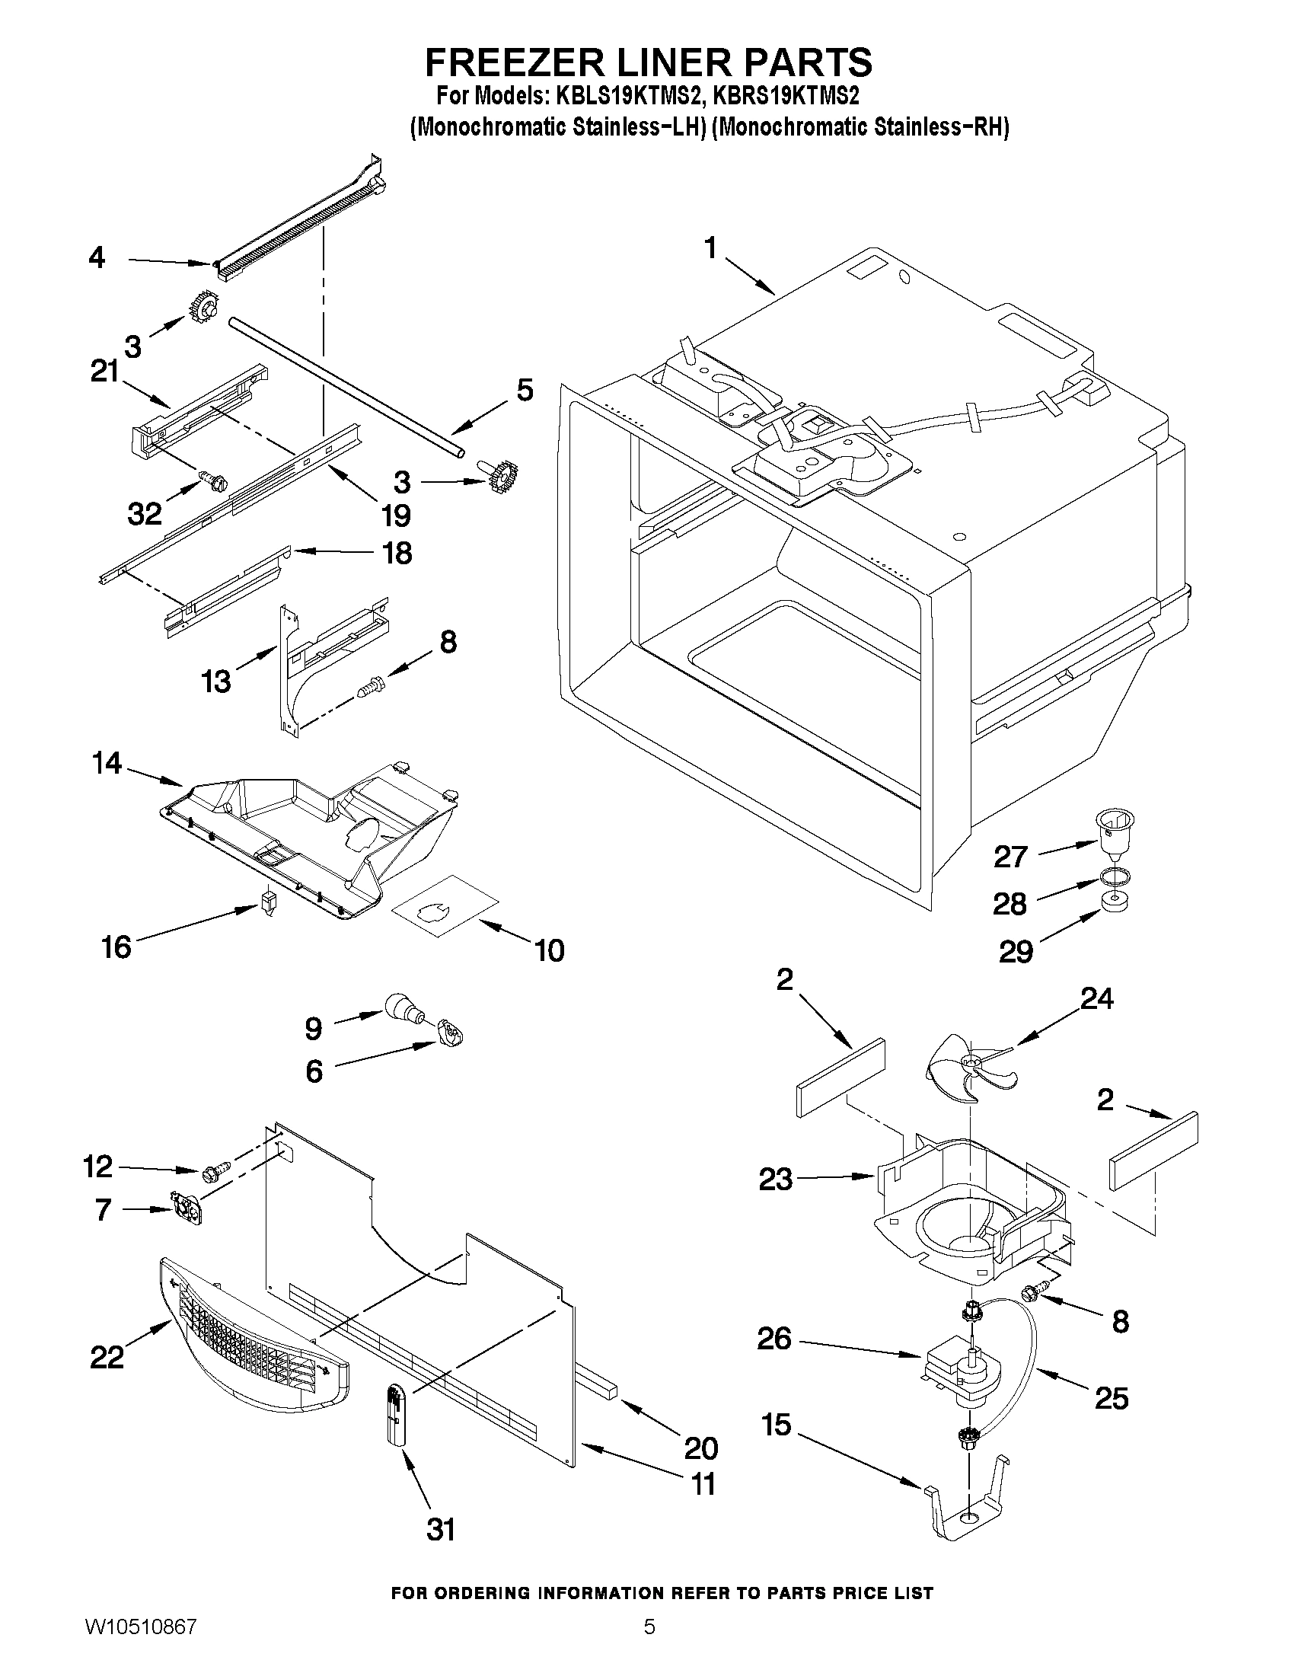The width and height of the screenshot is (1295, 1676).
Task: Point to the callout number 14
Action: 107,763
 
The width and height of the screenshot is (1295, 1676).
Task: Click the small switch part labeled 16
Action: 268,900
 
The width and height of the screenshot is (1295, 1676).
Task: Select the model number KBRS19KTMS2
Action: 786,97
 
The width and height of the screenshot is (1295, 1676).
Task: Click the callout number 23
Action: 775,1179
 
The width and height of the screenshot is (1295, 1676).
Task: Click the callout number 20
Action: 700,1448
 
